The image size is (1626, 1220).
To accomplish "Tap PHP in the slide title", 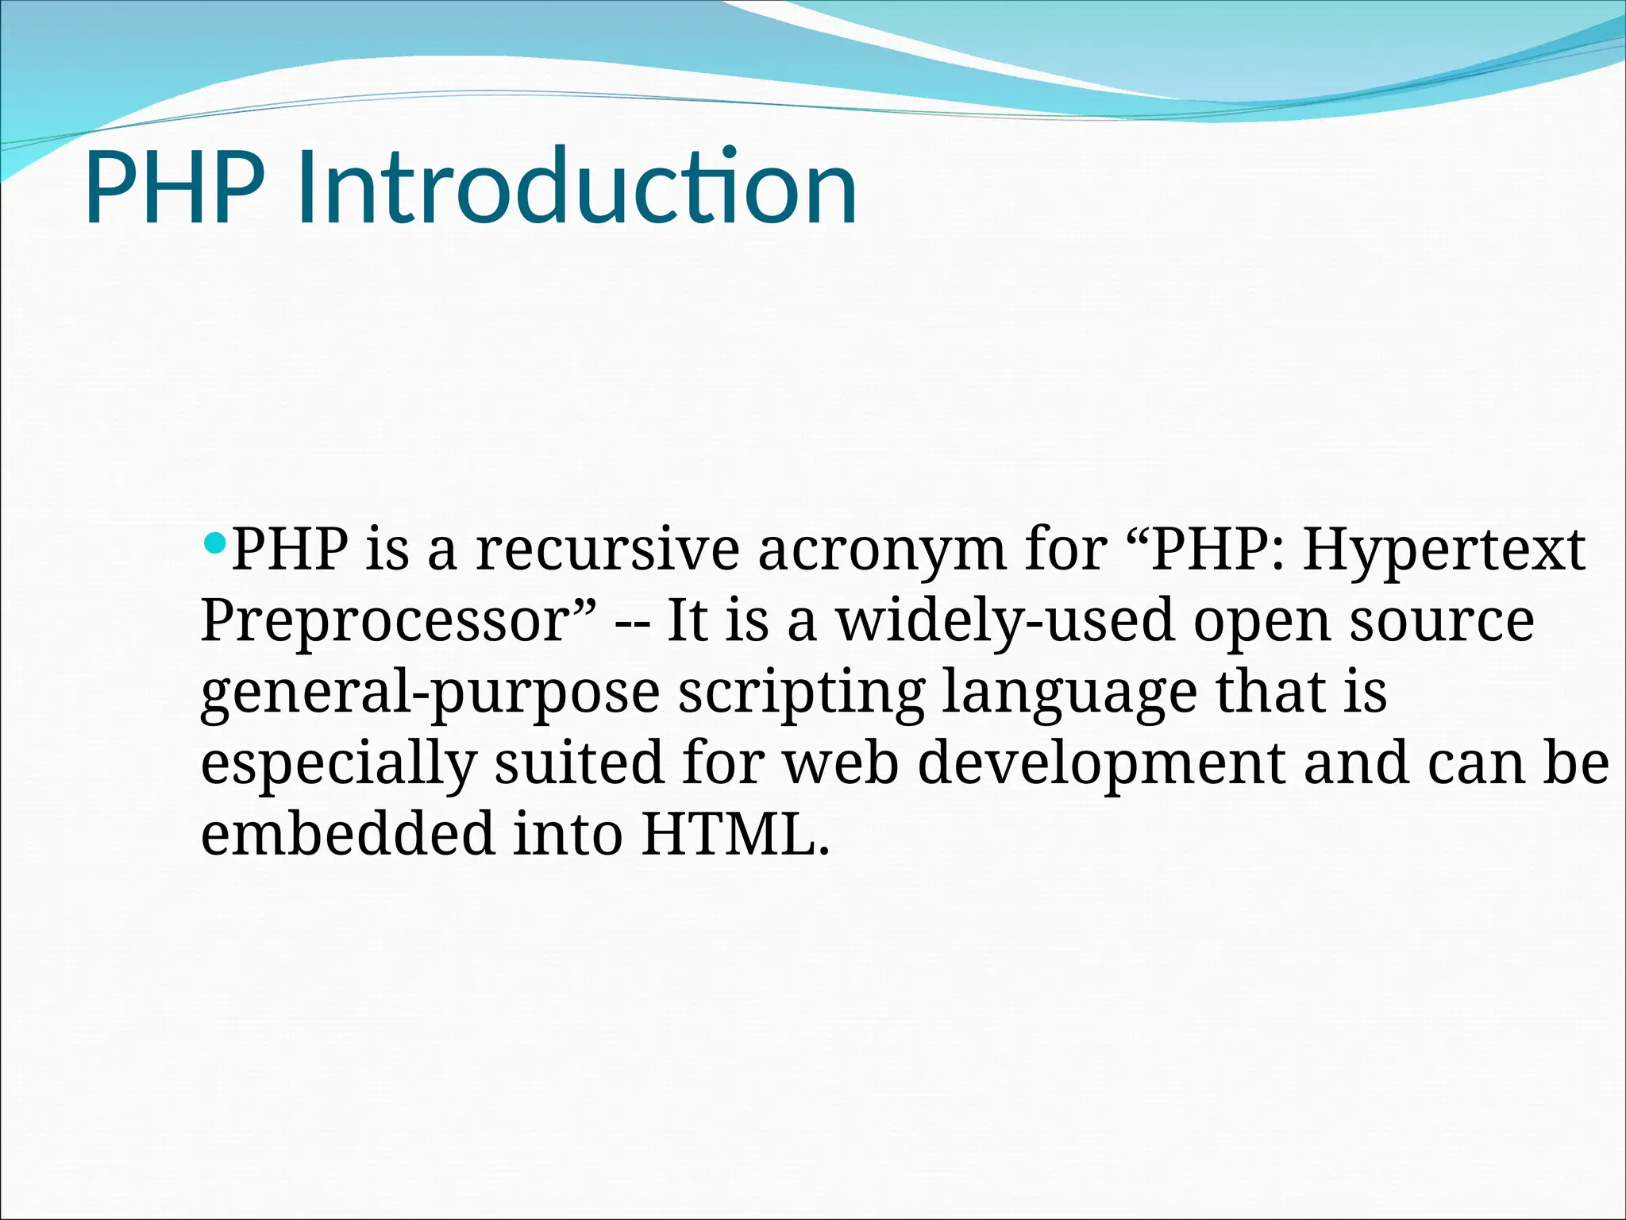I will click(x=174, y=189).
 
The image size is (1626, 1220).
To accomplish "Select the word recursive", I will click(x=607, y=550).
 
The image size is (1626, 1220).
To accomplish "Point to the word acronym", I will click(x=881, y=550).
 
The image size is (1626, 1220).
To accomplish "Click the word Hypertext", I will click(x=1443, y=550).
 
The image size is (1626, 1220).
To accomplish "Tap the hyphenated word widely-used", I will click(x=1005, y=621).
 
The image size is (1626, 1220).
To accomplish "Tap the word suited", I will click(x=579, y=762).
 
